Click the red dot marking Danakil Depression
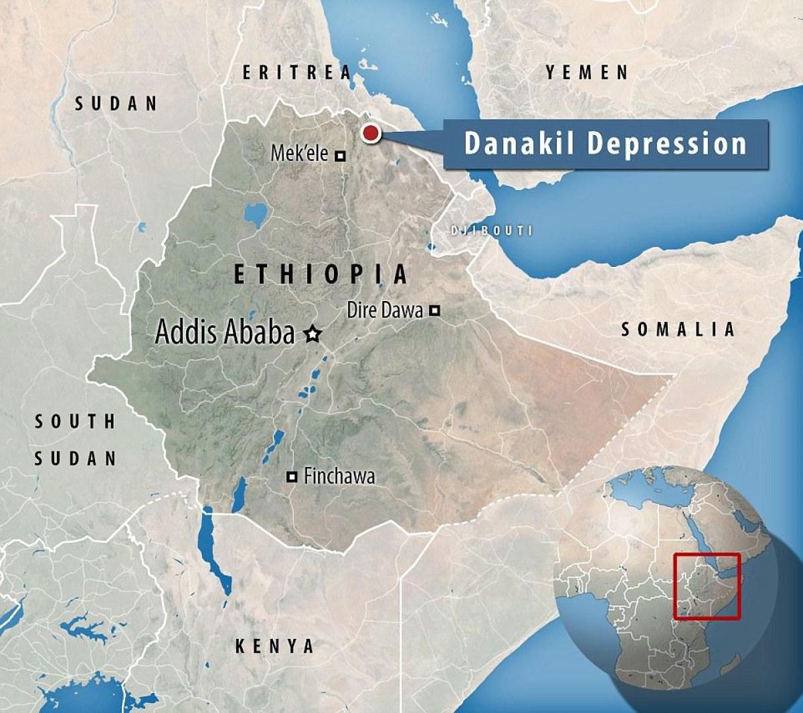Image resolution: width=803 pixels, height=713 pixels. pos(370,133)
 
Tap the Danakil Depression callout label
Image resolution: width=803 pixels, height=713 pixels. pos(605,144)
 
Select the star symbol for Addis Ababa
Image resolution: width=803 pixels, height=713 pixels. pos(312,333)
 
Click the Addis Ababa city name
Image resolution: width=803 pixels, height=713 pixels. pos(224,332)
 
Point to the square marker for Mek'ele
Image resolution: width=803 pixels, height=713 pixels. pos(340,156)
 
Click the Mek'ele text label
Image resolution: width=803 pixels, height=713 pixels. pos(299,154)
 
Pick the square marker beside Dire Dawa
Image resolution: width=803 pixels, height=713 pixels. pos(434,310)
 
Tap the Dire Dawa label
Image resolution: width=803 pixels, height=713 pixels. pos(385,310)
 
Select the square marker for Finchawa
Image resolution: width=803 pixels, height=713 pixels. pos(292,477)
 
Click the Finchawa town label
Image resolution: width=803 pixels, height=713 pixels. pos(339,476)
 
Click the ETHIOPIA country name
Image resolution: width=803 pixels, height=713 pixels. pos(321,274)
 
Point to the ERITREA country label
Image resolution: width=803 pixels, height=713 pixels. pos(296,72)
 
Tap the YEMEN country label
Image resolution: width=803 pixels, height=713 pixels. pos(587,72)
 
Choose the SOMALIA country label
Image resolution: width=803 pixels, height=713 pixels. pos(678,329)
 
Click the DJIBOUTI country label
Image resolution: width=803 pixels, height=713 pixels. pos(492,231)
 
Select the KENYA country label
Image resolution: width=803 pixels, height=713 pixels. pos(274,646)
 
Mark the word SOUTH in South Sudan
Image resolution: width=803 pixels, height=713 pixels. pos(75,421)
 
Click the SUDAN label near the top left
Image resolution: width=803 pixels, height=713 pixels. pos(116,103)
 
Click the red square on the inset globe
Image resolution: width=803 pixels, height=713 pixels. pos(707,587)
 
